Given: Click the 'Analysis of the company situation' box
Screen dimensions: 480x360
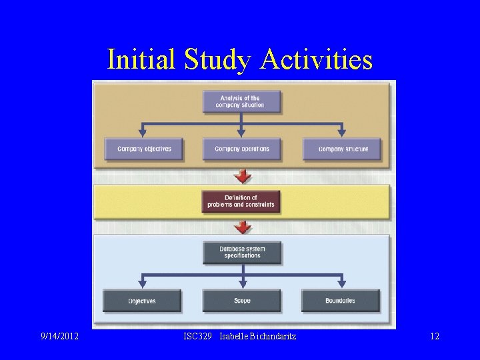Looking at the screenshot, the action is point(241,102).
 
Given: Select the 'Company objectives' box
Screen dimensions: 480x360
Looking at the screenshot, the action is point(144,149).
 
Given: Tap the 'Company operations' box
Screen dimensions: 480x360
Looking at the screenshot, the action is point(242,149).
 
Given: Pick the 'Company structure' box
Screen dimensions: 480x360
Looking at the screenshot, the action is point(342,149).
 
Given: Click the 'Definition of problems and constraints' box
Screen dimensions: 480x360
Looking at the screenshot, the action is point(241,201).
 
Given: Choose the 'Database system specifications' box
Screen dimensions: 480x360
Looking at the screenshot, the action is point(242,253).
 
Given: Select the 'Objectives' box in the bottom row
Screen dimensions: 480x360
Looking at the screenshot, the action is point(142,301).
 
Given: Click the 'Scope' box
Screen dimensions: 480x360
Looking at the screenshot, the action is point(242,301).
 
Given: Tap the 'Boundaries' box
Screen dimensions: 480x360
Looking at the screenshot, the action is point(341,301).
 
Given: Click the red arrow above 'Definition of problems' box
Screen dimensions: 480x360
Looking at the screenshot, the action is point(243,176).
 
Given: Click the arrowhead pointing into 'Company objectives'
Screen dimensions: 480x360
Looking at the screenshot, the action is point(142,133).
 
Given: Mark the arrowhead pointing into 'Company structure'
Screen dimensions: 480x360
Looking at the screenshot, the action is point(342,133).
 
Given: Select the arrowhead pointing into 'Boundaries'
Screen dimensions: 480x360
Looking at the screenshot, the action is point(342,285).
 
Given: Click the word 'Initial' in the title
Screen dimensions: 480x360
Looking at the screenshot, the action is point(136,59).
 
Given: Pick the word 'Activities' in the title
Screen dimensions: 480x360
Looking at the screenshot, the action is point(317,59).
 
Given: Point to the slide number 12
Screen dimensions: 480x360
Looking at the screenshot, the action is point(434,337).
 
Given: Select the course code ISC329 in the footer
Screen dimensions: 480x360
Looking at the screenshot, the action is point(198,337).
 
